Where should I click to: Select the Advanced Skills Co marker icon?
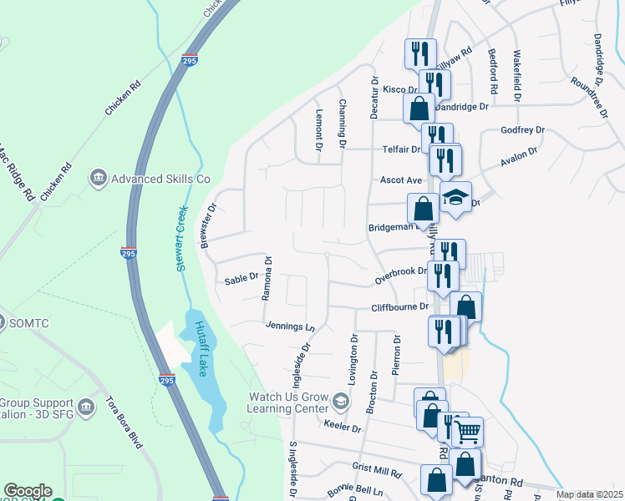[99, 177]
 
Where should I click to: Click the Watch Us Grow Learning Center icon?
[339, 402]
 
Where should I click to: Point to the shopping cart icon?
[468, 432]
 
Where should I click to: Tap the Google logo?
[28, 491]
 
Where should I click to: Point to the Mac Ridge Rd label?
[18, 174]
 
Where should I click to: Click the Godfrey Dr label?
[522, 130]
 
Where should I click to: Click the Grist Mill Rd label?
[377, 471]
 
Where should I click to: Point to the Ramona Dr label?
[268, 278]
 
